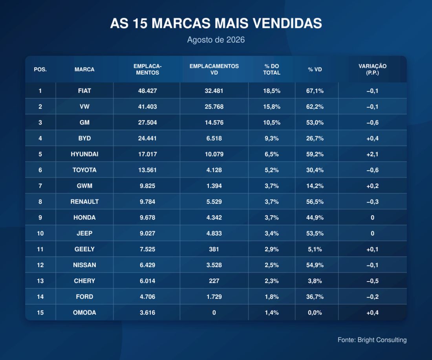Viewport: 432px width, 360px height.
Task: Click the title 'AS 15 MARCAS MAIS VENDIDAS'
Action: [x=216, y=23]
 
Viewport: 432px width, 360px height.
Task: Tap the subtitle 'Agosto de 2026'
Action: [x=216, y=40]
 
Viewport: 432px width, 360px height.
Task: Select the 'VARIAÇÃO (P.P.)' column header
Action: [x=372, y=70]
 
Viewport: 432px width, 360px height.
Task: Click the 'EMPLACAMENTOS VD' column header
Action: [x=214, y=70]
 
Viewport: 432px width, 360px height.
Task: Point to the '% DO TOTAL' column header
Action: [x=272, y=70]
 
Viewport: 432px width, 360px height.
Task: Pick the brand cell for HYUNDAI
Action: [x=84, y=154]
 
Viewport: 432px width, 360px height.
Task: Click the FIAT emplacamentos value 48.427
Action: [x=147, y=91]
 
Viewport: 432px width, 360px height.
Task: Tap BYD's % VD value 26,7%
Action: [x=315, y=138]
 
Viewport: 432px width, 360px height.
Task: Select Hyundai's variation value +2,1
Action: [x=372, y=154]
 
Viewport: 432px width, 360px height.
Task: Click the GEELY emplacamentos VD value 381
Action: [x=214, y=249]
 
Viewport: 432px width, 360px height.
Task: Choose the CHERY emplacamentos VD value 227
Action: [x=214, y=281]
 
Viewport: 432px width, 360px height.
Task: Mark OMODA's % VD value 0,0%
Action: [x=315, y=312]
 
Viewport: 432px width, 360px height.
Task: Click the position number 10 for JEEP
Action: [x=40, y=233]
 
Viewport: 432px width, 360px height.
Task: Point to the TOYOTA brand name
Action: [x=84, y=170]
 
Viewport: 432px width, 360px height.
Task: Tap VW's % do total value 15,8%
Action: [x=272, y=107]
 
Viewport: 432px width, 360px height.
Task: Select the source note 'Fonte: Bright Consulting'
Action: [x=372, y=340]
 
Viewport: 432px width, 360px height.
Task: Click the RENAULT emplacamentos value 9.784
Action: [x=147, y=202]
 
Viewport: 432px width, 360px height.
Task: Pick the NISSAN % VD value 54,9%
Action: [x=315, y=265]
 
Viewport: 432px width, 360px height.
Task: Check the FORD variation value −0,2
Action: [x=372, y=297]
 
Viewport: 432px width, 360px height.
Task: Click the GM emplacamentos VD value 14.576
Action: [x=214, y=122]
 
